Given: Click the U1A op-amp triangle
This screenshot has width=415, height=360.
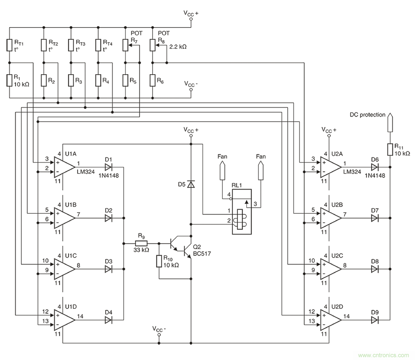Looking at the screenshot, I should tap(64, 167).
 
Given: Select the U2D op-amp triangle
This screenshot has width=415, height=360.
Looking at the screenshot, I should tap(330, 320).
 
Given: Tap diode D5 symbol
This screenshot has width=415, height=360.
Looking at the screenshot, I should tap(191, 184).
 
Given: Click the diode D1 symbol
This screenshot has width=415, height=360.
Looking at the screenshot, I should tap(108, 167).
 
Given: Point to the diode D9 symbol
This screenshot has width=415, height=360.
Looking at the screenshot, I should tap(375, 320).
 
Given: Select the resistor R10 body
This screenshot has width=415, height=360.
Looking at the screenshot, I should tap(159, 261).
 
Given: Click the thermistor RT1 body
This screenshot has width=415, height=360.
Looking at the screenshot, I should tap(10, 45).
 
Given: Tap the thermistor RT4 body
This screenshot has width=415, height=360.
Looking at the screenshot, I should tap(98, 45).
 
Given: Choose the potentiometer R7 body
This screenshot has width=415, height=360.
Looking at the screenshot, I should tap(125, 45).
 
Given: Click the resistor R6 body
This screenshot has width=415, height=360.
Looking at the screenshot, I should tap(152, 80).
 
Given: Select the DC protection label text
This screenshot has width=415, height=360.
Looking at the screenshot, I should tap(367, 115).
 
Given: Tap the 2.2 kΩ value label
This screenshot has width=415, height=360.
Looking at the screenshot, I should tap(178, 47).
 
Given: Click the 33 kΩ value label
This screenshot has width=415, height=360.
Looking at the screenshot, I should tap(141, 250).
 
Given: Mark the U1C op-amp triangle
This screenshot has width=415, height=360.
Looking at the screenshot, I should tap(64, 269).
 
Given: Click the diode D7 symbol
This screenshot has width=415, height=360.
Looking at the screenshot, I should tap(375, 218).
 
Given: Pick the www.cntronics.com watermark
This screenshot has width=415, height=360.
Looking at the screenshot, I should tap(384, 355).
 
